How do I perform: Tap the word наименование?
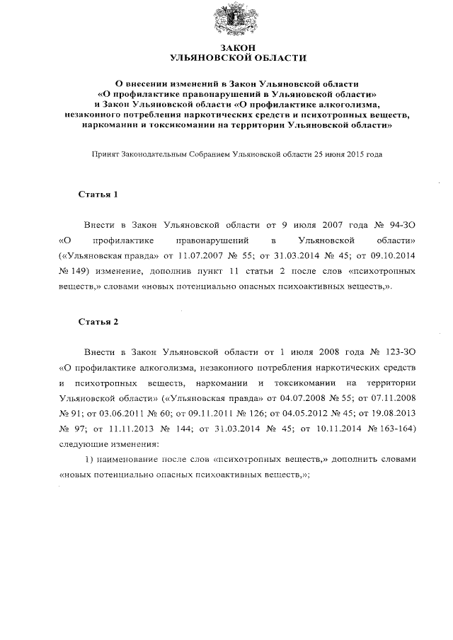tap(130, 460)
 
